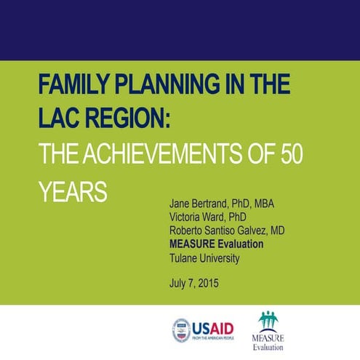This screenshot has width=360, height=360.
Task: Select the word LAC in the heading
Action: (x=59, y=118)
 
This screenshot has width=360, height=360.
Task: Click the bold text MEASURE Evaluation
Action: (x=216, y=244)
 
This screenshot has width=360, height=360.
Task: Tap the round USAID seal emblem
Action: (x=182, y=330)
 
